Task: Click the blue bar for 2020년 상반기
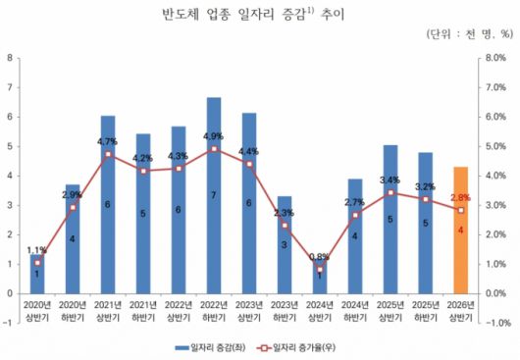coord(37,274)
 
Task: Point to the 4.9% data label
coord(214,136)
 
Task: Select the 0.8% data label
coord(320,257)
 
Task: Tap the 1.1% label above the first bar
coord(36,250)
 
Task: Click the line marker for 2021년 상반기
coord(108,154)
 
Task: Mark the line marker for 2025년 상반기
coord(390,192)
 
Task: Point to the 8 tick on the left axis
coord(10,58)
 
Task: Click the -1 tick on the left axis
coord(9,323)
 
